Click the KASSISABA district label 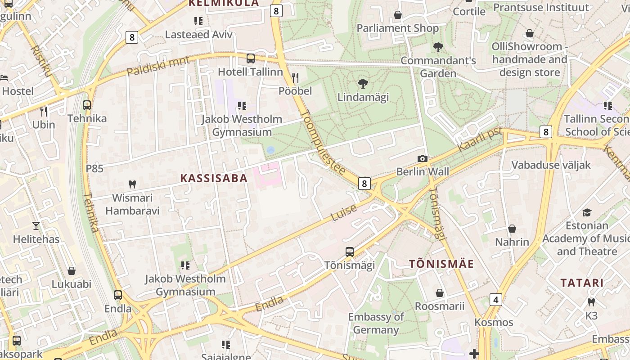[214, 178]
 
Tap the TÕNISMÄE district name [441, 264]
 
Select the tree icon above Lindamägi [363, 83]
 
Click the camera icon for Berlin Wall [422, 158]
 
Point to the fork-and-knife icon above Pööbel [295, 77]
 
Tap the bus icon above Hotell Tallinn [251, 58]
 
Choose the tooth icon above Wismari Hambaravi [132, 184]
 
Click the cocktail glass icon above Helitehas [36, 225]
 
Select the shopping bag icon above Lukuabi [71, 271]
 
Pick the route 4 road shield [495, 300]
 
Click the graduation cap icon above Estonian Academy [587, 212]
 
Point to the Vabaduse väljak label [551, 165]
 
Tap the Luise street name [344, 213]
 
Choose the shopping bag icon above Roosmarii [440, 293]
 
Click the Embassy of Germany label [376, 323]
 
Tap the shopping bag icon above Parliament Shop [397, 15]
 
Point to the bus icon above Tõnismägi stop [350, 252]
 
